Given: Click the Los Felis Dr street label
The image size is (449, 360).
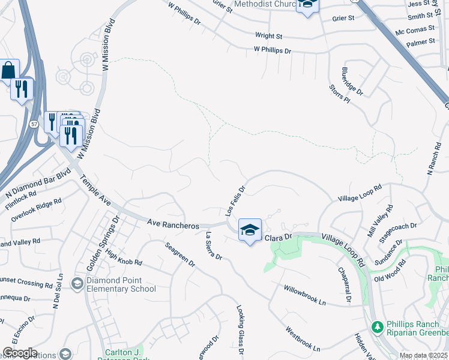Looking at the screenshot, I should point(235,200).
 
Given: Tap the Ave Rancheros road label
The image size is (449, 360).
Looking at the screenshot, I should point(173,224).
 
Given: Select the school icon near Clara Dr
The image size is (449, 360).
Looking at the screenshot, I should point(250,230).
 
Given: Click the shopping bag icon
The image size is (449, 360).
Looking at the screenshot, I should point(9,70).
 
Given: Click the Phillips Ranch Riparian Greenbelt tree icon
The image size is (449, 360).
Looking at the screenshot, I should point(377,328).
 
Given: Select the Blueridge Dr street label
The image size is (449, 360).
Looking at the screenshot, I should point(352,81).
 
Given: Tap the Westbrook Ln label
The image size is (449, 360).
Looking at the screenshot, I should point(303,338).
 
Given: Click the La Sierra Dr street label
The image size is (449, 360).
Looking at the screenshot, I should point(214,246).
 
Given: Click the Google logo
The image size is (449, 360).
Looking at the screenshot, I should point(20,353).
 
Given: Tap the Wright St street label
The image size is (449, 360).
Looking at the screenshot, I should point(268,36).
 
